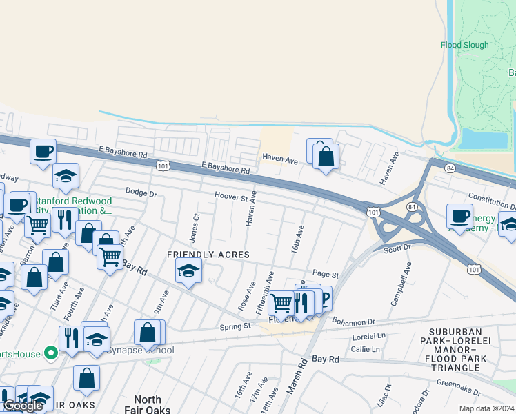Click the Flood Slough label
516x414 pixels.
(x=464, y=46)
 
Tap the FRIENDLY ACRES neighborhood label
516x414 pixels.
(x=208, y=255)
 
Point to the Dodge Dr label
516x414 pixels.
(x=141, y=193)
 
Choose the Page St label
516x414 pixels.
(x=325, y=274)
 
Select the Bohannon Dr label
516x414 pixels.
(x=353, y=322)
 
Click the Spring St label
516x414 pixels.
(x=235, y=326)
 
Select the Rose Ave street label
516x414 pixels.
(x=247, y=294)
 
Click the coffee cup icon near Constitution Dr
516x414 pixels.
(x=459, y=216)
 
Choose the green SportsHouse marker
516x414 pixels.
(x=50, y=354)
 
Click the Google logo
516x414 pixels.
(x=23, y=406)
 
